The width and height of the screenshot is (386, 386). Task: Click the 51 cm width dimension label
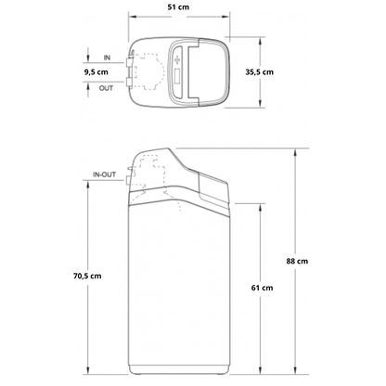coord(178,6)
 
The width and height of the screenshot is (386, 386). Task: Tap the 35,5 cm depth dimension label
coord(260,72)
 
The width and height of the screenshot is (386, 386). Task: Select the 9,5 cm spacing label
coord(96,72)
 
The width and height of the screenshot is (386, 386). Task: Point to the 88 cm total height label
coord(297,261)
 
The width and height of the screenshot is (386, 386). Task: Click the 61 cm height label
coord(262,288)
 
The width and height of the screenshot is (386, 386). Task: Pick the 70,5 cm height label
coord(87,276)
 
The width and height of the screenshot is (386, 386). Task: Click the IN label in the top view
coord(107,58)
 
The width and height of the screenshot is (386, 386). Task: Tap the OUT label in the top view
coord(106,88)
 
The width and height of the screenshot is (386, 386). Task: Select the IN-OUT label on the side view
coord(105,174)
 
